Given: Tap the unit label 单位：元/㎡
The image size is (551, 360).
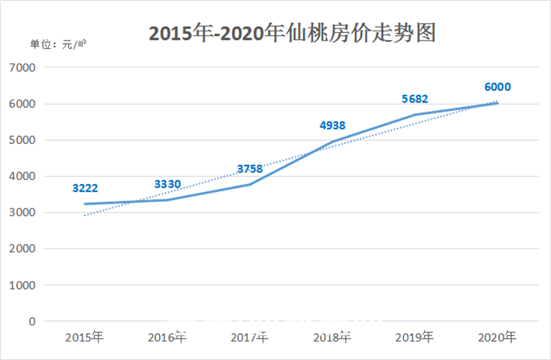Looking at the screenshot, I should pyautogui.click(x=58, y=43).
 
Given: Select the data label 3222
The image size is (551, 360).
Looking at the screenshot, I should pyautogui.click(x=85, y=187).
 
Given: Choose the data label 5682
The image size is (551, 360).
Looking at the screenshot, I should pyautogui.click(x=415, y=99).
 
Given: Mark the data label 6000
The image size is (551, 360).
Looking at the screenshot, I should pyautogui.click(x=497, y=87).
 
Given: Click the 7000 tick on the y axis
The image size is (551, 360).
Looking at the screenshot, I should pyautogui.click(x=23, y=67).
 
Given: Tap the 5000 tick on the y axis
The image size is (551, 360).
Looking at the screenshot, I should pyautogui.click(x=23, y=140).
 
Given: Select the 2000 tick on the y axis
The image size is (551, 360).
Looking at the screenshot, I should pyautogui.click(x=23, y=249).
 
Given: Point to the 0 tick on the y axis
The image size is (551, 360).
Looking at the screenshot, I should pyautogui.click(x=32, y=322).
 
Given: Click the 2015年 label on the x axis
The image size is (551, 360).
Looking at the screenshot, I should pyautogui.click(x=85, y=337).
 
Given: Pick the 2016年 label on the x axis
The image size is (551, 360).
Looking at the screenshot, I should pyautogui.click(x=168, y=337).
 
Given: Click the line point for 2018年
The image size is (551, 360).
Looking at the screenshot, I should pyautogui.click(x=332, y=142).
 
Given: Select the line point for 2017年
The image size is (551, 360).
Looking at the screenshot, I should pyautogui.click(x=250, y=185).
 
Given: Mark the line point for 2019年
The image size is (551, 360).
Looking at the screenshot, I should pyautogui.click(x=415, y=115).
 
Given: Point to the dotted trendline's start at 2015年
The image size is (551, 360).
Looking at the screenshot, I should pyautogui.click(x=85, y=215).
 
